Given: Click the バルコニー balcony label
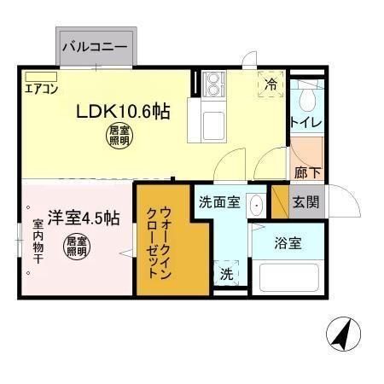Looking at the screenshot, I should tap(95, 47).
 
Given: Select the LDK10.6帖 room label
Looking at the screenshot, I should tap(123, 112).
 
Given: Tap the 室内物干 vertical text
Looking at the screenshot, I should tap(38, 241).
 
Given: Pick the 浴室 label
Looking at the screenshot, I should tap(288, 243).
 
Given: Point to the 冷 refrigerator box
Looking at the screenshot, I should tap(271, 84).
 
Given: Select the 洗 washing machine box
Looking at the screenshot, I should tap(226, 275).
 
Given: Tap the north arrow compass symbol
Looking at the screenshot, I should tap(342, 333).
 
